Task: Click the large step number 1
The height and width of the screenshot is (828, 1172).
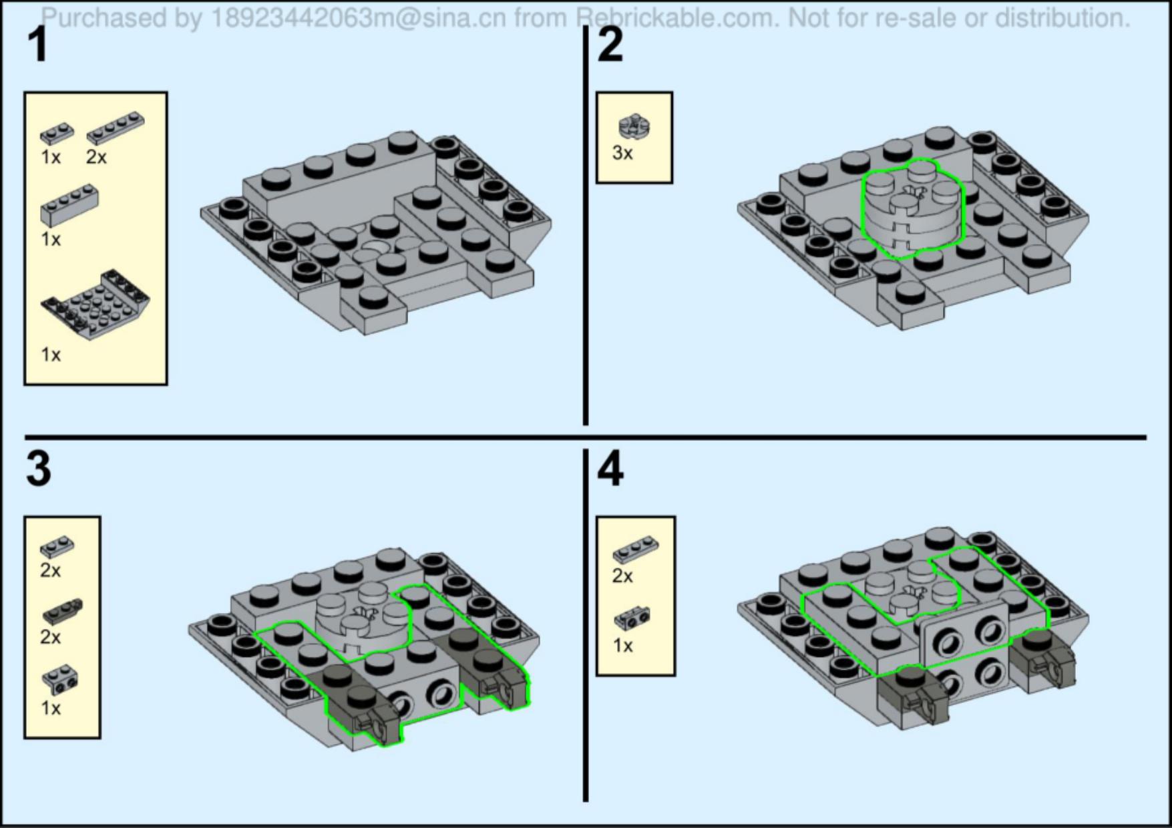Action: (x=39, y=45)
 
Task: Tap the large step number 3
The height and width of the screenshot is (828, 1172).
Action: (x=39, y=469)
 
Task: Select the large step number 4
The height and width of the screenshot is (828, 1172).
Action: (x=610, y=469)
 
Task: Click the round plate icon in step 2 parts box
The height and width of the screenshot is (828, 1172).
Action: (x=634, y=127)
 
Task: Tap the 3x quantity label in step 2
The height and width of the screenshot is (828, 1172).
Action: (x=622, y=153)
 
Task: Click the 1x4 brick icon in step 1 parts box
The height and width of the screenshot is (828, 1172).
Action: (x=69, y=206)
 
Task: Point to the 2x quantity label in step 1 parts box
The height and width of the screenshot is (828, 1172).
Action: (x=96, y=157)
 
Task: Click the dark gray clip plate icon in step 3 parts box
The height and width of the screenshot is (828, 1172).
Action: (x=63, y=610)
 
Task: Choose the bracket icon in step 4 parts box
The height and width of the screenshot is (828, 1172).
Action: (x=632, y=618)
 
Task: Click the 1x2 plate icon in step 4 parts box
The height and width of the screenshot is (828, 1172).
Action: (x=635, y=550)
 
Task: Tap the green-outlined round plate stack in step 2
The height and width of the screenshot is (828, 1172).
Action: (x=912, y=209)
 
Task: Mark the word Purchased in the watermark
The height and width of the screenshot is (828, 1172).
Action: (x=104, y=18)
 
